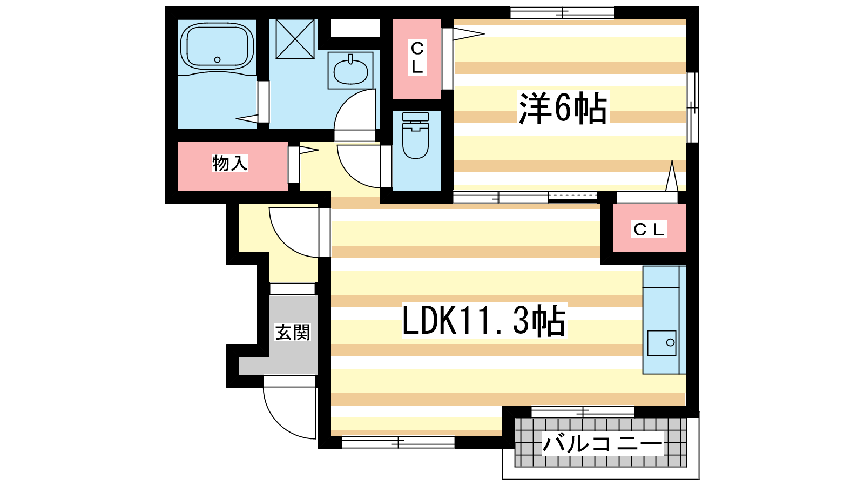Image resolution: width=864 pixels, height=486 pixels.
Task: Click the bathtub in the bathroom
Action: click(x=217, y=48)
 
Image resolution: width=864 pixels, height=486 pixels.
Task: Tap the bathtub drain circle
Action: click(x=218, y=60)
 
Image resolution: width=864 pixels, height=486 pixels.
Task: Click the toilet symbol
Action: click(x=415, y=135)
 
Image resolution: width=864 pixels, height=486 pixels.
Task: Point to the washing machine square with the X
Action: click(x=295, y=39)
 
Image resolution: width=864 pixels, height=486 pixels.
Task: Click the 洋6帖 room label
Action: click(x=563, y=107)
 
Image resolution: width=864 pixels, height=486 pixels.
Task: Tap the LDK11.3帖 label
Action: click(x=484, y=321)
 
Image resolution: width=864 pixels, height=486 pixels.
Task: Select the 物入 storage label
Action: click(x=230, y=163)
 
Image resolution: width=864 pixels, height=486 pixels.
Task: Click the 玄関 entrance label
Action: click(x=292, y=332)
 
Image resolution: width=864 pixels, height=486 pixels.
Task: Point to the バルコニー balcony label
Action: click(x=603, y=443)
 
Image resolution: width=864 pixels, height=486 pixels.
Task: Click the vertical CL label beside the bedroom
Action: click(x=417, y=57)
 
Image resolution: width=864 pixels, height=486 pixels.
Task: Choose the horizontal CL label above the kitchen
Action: click(x=649, y=229)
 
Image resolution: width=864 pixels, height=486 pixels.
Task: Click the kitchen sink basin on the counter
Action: click(x=662, y=343)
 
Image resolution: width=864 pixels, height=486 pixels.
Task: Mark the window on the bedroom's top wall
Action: click(x=562, y=13)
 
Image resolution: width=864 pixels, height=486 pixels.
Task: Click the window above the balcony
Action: click(x=583, y=412)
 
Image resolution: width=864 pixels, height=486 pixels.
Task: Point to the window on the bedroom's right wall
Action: click(x=693, y=107)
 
